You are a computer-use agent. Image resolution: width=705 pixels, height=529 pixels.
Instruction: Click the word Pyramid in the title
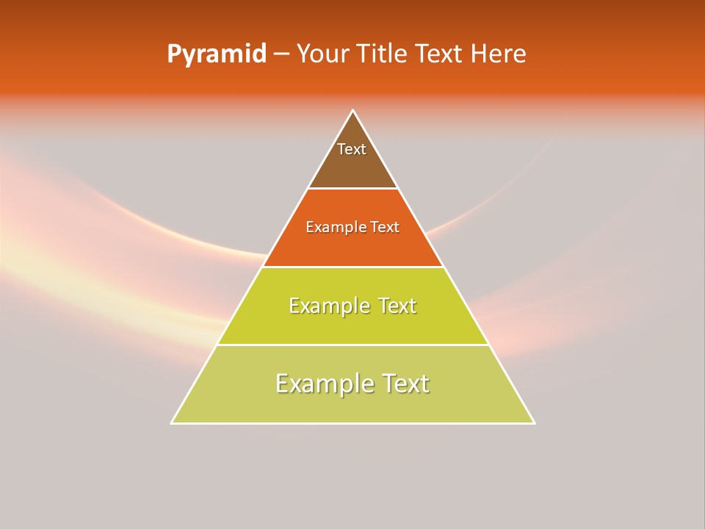click(217, 54)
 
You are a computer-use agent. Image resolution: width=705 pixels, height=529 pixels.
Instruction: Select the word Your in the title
click(321, 54)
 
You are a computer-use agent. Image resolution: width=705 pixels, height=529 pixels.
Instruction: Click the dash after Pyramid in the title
click(281, 54)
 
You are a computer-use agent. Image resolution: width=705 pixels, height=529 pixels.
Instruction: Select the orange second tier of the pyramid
click(352, 246)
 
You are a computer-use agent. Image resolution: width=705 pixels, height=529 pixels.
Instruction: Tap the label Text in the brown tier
click(352, 149)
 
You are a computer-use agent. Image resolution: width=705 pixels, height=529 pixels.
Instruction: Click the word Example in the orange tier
click(336, 227)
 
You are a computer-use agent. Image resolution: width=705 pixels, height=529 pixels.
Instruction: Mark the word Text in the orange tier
click(384, 227)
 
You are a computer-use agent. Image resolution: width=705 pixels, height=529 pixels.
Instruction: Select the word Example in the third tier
click(328, 306)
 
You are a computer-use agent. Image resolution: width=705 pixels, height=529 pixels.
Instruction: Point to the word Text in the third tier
click(396, 306)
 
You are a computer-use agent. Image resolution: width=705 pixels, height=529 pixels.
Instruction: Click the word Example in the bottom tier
click(323, 384)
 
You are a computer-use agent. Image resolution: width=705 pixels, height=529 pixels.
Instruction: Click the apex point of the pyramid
click(352, 111)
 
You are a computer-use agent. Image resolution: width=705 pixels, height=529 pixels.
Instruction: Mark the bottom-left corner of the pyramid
click(172, 422)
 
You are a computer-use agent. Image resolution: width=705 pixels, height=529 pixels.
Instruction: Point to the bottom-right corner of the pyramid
click(534, 422)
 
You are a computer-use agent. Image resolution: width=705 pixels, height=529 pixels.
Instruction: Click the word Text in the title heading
click(440, 54)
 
